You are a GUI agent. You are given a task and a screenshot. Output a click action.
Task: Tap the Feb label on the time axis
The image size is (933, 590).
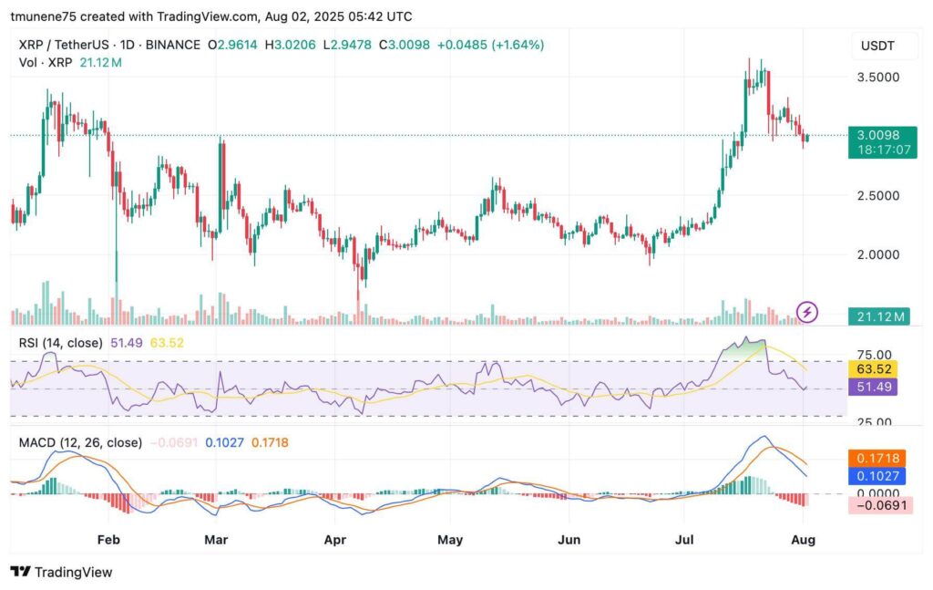tap(108, 539)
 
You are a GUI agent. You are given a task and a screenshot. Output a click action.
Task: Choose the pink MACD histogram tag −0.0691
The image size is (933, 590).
tap(878, 504)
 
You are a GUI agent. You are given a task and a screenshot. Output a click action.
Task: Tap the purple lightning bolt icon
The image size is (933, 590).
tap(807, 313)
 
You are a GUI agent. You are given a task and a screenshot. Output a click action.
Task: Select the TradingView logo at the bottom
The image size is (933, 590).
tap(62, 572)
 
